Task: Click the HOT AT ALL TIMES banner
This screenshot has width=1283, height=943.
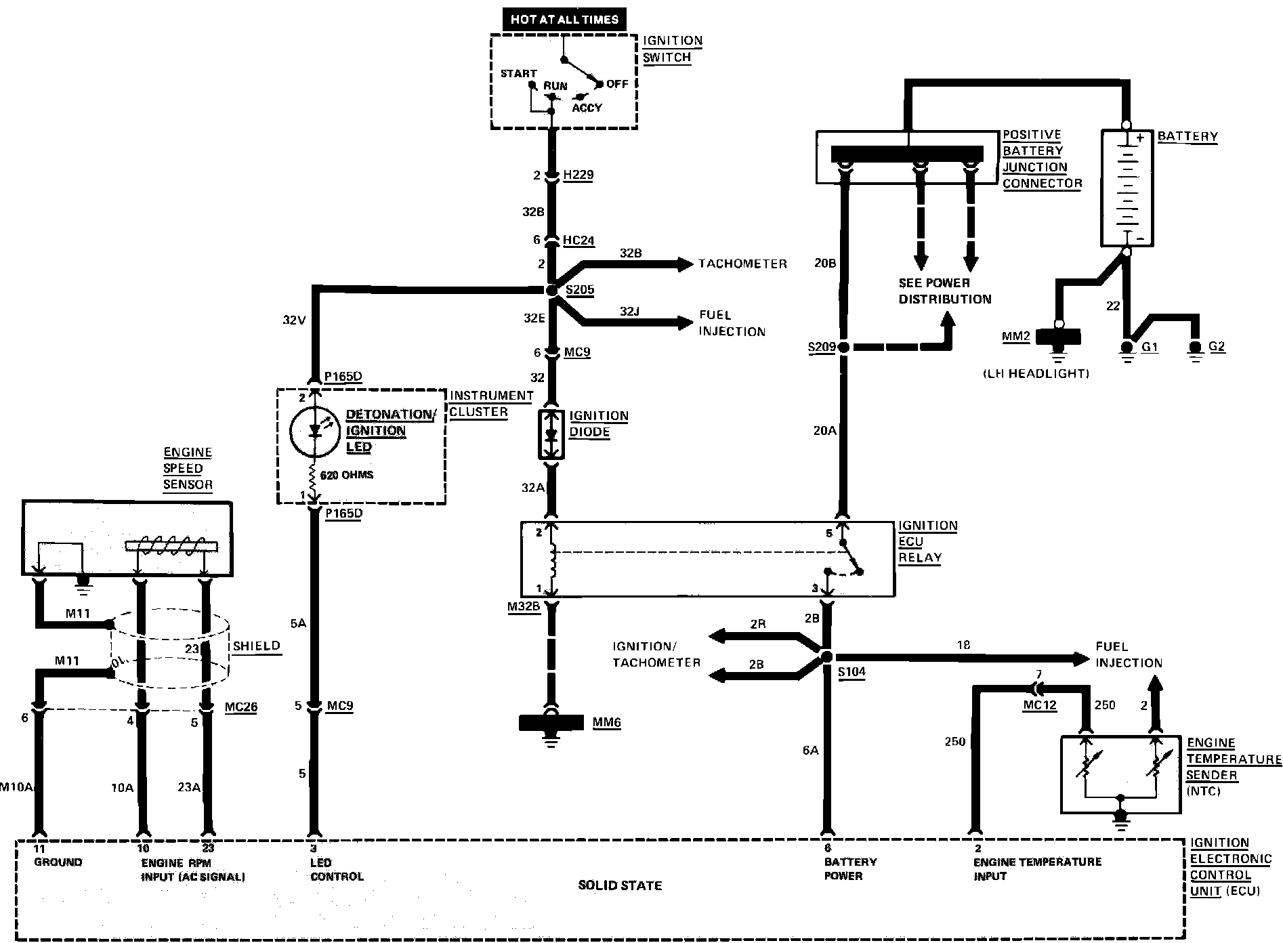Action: tap(564, 19)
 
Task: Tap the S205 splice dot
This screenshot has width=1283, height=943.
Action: tap(551, 290)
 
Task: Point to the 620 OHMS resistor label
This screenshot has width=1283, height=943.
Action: tap(347, 475)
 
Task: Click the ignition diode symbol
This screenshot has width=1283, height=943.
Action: tap(551, 434)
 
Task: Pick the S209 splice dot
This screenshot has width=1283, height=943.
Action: tap(843, 347)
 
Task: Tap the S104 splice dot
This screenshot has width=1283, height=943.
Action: tap(826, 656)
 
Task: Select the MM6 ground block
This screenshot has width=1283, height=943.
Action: tap(551, 723)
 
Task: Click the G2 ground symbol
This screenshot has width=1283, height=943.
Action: tap(1196, 350)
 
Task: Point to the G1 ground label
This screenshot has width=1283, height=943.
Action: tap(1150, 347)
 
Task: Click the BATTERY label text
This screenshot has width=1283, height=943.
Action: tap(1187, 136)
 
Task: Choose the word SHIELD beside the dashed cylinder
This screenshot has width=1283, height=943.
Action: tap(257, 646)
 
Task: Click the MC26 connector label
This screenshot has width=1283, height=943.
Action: tap(241, 707)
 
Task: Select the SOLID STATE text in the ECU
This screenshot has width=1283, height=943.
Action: tap(620, 885)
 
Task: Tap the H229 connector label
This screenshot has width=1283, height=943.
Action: tap(579, 175)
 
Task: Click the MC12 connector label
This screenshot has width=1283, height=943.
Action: tap(1039, 705)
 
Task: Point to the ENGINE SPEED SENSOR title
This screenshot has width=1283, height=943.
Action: tap(188, 468)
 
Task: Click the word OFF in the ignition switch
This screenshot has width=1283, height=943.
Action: tap(617, 84)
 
